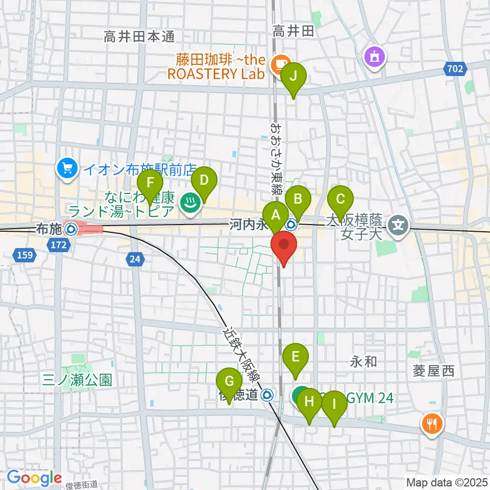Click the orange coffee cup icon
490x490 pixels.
(x=280, y=63)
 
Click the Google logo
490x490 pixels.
(x=34, y=478)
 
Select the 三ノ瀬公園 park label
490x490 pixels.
(x=78, y=380)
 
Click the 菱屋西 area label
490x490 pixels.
(x=434, y=372)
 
